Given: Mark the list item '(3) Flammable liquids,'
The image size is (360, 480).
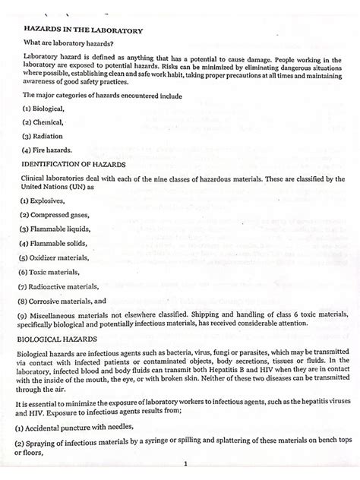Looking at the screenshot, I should coord(57,229).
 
